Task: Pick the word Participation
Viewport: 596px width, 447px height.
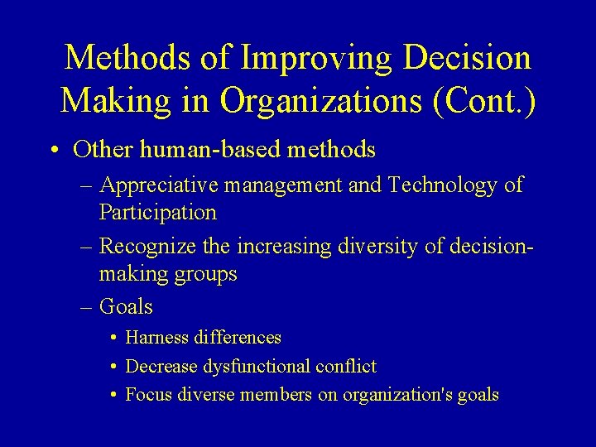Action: coord(157,212)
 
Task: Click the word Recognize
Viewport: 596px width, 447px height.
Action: coord(151,247)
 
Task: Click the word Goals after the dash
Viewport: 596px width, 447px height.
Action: coord(126,307)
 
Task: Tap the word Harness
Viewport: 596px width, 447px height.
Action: coord(157,338)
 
